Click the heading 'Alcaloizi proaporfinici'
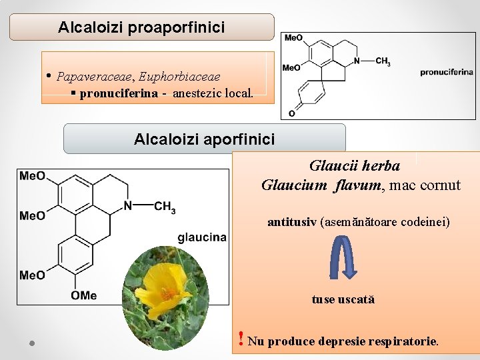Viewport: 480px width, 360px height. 141,27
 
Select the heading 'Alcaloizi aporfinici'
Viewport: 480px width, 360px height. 204,139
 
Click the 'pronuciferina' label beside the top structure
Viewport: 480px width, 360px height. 446,72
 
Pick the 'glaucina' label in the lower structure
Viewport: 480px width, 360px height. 202,237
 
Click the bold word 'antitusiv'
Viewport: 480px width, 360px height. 293,221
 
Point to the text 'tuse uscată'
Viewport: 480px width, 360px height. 343,299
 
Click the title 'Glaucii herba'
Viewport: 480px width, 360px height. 355,165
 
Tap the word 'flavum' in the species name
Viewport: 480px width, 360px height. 357,185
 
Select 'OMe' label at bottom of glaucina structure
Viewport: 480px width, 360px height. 84,295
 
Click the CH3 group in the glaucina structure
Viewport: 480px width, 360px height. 165,207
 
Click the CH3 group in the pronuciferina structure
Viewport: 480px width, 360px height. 383,62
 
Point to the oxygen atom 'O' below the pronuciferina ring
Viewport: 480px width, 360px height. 292,114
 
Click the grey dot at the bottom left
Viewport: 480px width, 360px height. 31,343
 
